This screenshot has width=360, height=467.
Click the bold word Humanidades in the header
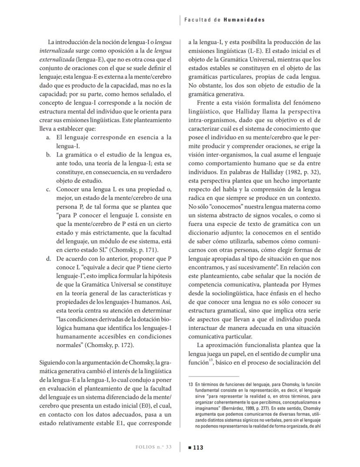click(244, 20)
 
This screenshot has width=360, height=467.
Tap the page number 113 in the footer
click(198, 447)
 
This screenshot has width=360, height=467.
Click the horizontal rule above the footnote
click(213, 376)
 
